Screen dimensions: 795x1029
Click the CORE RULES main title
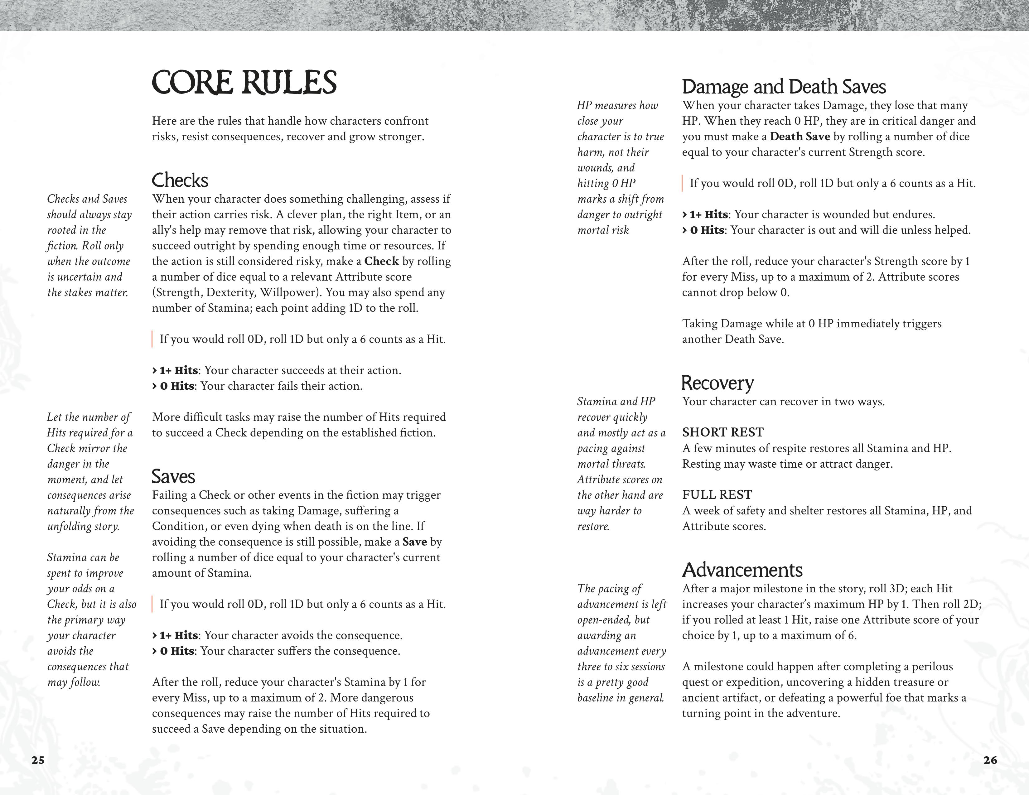(x=244, y=83)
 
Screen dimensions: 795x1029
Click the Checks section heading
(x=180, y=181)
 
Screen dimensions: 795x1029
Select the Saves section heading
(x=173, y=477)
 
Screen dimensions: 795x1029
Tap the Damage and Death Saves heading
(x=784, y=87)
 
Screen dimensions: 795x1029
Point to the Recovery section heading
(x=717, y=383)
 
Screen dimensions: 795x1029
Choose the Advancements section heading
(x=742, y=570)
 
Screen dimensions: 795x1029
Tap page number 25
(x=38, y=760)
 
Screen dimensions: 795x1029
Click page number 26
(x=990, y=760)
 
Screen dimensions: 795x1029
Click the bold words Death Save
(x=800, y=137)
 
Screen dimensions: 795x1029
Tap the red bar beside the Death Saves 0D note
(x=683, y=183)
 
